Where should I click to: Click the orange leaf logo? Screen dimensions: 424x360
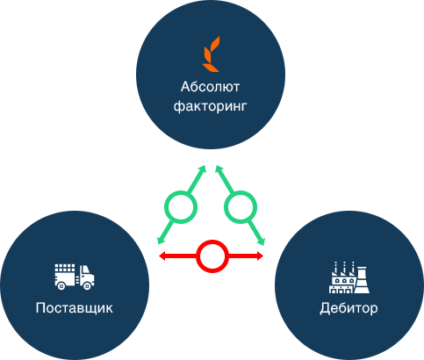pyautogui.click(x=211, y=54)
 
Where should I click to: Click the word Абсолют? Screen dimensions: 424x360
pyautogui.click(x=210, y=87)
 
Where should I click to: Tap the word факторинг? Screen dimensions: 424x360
pyautogui.click(x=211, y=106)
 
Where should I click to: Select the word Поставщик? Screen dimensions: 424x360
pyautogui.click(x=74, y=308)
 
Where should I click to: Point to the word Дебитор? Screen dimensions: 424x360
pyautogui.click(x=349, y=308)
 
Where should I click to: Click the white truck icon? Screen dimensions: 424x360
pyautogui.click(x=75, y=277)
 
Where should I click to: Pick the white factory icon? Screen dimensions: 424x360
pyautogui.click(x=349, y=277)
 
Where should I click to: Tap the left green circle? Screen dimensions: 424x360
pyautogui.click(x=181, y=207)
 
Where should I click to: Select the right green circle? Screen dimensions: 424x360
pyautogui.click(x=241, y=207)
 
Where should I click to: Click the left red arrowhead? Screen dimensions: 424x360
pyautogui.click(x=162, y=256)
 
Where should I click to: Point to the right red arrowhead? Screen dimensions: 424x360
pyautogui.click(x=260, y=256)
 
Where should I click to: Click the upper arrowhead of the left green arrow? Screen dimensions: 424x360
pyautogui.click(x=203, y=169)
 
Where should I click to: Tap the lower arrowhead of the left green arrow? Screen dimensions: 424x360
pyautogui.click(x=161, y=240)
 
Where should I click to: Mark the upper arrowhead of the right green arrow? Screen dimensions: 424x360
pyautogui.click(x=219, y=169)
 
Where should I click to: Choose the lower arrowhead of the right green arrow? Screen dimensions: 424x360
pyautogui.click(x=261, y=241)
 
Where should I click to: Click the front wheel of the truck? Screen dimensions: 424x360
pyautogui.click(x=87, y=286)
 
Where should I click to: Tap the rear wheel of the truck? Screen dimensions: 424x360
pyautogui.click(x=61, y=286)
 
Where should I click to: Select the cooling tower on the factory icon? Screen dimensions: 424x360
pyautogui.click(x=362, y=280)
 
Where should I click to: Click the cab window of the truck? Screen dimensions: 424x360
pyautogui.click(x=85, y=270)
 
